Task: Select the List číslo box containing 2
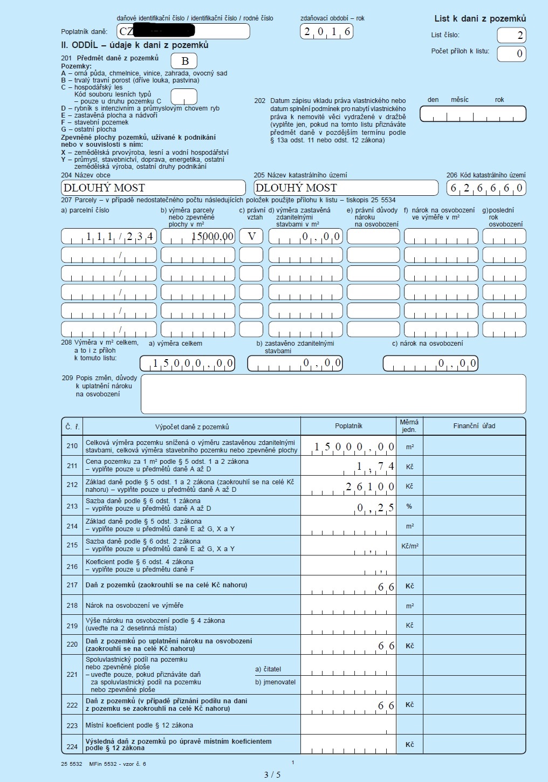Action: [x=511, y=36]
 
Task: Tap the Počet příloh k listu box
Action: [x=511, y=53]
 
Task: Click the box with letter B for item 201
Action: [x=184, y=61]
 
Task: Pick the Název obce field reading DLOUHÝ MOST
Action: [x=153, y=188]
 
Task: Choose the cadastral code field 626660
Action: [x=486, y=188]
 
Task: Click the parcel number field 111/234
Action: [x=109, y=236]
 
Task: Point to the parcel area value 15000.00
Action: [x=198, y=236]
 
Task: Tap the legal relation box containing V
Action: [x=251, y=236]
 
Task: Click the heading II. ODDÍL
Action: [x=135, y=45]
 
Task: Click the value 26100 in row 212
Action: [x=370, y=486]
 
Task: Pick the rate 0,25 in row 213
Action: [x=375, y=507]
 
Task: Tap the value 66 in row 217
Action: [x=386, y=587]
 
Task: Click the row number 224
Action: [x=72, y=746]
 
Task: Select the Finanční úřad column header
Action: [x=474, y=426]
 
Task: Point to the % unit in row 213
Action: [x=409, y=506]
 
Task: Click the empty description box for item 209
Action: [x=333, y=394]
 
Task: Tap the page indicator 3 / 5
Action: [x=272, y=775]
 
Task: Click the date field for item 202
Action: [x=472, y=114]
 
